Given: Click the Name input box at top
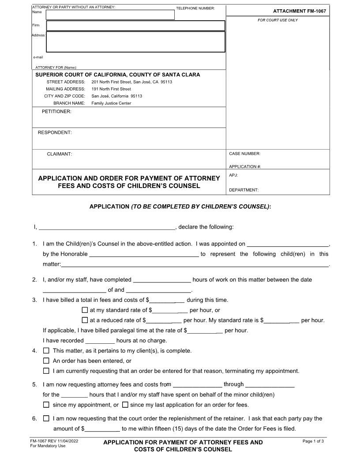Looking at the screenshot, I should point(110,15).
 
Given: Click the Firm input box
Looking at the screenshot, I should point(135,26).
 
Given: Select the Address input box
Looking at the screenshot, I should point(135,42).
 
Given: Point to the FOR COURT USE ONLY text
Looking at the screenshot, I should point(277,20).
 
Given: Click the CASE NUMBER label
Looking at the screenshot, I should point(245,154).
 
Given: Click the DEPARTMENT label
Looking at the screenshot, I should point(244,190).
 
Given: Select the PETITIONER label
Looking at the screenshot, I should point(56,112).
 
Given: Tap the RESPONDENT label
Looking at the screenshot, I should point(55,132).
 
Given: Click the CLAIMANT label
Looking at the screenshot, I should point(60,154).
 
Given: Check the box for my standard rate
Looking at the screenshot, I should point(85,310).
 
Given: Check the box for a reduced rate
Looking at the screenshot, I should point(85,320).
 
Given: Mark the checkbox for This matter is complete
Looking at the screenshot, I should point(46,351).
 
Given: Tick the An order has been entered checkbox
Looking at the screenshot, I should point(46,361).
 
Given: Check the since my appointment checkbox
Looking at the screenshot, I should point(46,405).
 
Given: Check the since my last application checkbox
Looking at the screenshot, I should point(125,405).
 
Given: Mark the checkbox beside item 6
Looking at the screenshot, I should point(46,418).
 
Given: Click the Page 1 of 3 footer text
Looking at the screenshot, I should point(313,441).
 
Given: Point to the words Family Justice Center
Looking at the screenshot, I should point(111,103).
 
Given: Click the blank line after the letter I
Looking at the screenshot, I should point(107,227).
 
